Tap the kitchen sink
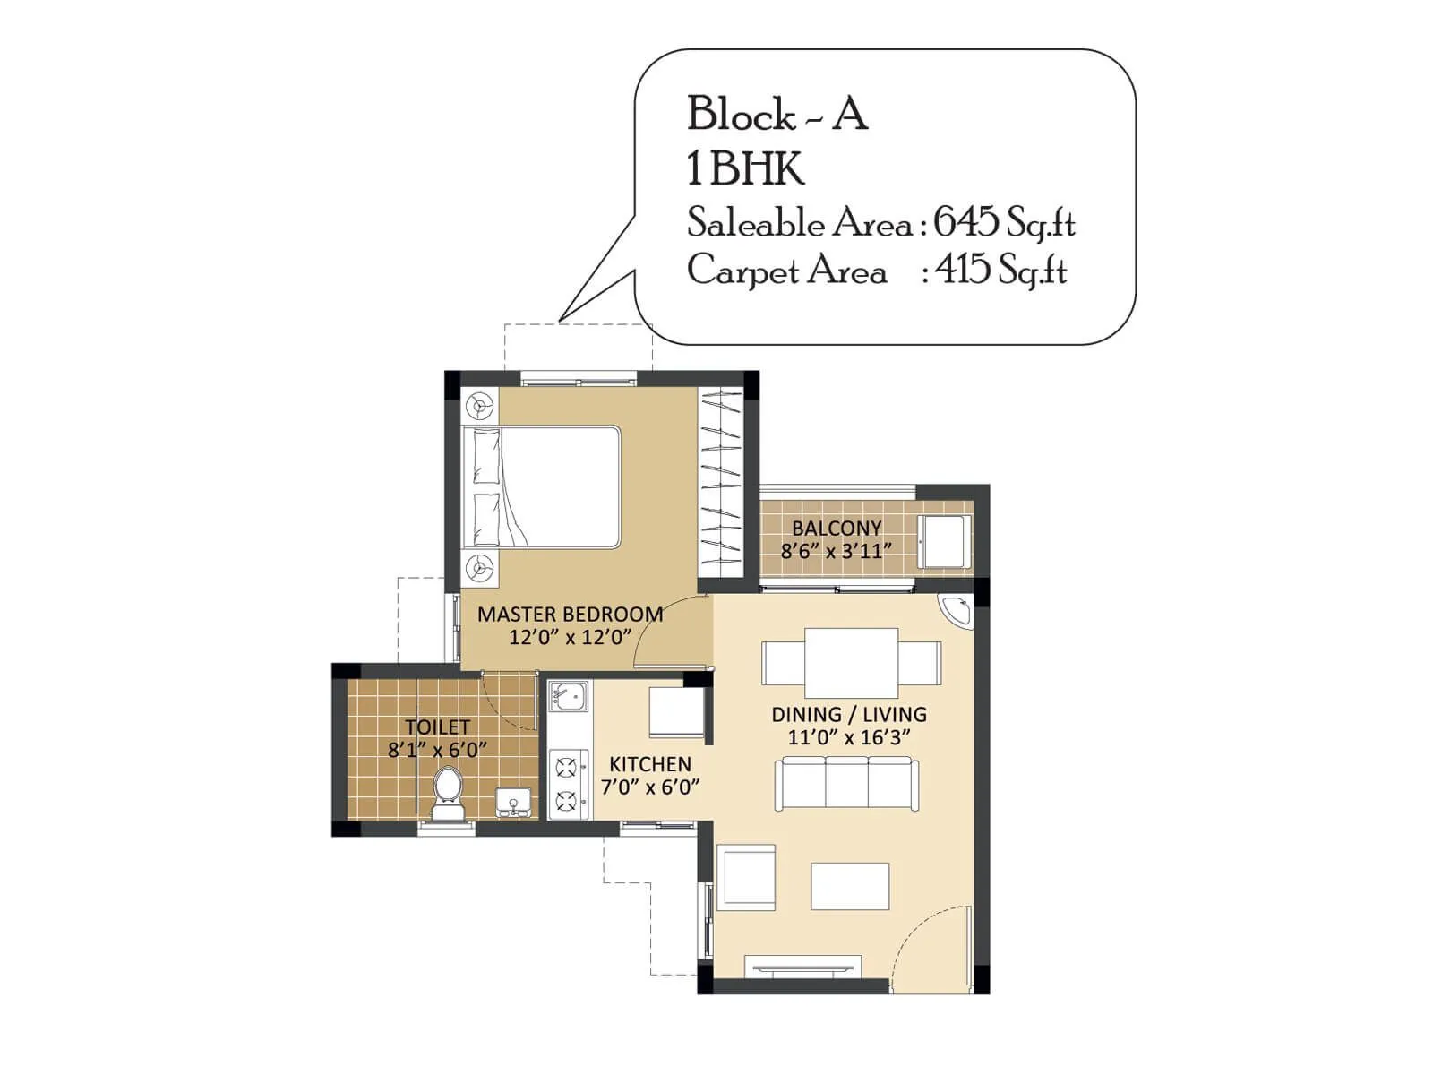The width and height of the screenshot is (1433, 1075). coord(568,695)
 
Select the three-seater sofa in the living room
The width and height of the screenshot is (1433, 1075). coord(846,783)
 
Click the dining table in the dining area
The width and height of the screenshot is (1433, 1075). coord(851,663)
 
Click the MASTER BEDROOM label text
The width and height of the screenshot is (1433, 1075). coord(570,615)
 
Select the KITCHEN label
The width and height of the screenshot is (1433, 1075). coord(650,764)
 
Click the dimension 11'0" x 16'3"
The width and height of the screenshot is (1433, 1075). coord(848,737)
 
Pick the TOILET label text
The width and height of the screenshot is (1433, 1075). coord(437,727)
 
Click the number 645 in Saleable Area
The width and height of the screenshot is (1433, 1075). coord(965,221)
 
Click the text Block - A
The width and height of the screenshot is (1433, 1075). coord(777,115)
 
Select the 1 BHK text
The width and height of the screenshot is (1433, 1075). coord(745,168)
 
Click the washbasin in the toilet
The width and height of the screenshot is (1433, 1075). coord(513,802)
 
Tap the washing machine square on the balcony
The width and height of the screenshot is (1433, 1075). coord(944,541)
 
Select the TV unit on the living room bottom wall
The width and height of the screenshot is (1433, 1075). coord(804,967)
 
